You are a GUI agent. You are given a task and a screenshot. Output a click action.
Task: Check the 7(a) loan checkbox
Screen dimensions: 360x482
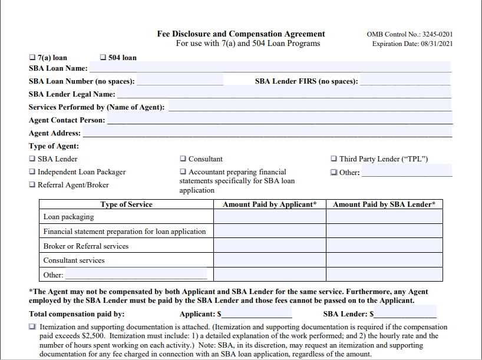click(x=32, y=58)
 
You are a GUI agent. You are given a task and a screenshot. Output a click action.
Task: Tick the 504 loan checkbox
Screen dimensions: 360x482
click(x=103, y=58)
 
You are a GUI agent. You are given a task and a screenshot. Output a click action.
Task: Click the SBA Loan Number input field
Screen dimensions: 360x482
click(x=180, y=81)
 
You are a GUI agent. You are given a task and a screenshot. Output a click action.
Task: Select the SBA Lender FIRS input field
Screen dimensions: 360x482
click(x=405, y=81)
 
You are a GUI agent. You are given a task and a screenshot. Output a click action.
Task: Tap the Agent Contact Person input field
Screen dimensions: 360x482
click(x=279, y=120)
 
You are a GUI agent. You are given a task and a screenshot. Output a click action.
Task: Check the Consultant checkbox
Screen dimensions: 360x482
click(x=183, y=159)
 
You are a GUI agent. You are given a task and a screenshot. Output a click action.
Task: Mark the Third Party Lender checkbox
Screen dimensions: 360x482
click(x=334, y=159)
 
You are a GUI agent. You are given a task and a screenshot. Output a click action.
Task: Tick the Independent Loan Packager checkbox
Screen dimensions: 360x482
click(x=32, y=172)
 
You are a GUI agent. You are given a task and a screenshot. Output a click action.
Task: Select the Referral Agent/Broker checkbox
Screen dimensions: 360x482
click(x=32, y=185)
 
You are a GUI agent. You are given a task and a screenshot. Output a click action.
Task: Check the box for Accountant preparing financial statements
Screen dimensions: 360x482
click(x=183, y=172)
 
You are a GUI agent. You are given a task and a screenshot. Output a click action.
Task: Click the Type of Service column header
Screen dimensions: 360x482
click(x=126, y=204)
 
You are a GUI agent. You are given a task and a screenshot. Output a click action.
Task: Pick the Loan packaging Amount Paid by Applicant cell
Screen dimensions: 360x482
click(x=270, y=217)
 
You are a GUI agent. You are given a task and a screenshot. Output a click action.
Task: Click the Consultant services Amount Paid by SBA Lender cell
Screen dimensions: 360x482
click(x=384, y=260)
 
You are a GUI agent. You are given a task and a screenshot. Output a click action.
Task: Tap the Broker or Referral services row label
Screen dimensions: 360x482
click(x=86, y=246)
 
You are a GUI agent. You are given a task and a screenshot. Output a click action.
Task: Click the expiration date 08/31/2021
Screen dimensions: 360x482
click(x=436, y=44)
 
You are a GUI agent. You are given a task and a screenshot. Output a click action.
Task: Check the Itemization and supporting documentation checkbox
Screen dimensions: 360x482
click(x=32, y=327)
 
